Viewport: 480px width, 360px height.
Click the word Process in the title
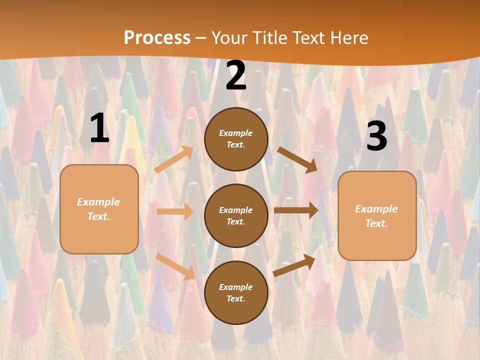coord(157,38)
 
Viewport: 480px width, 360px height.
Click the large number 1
coord(99,128)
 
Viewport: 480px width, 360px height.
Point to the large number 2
coord(236,76)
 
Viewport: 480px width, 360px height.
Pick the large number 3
coord(376,136)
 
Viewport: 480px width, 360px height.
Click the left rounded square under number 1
coord(99,209)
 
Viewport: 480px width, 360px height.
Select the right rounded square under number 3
coord(377,216)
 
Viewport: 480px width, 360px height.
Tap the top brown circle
coord(236,139)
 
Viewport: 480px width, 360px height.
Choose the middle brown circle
coord(236,216)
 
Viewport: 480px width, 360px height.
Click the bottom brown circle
coord(236,293)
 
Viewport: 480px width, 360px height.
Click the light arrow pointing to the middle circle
coord(175,211)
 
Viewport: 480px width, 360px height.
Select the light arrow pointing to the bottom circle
coord(175,266)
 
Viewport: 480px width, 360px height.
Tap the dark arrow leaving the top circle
coord(297,159)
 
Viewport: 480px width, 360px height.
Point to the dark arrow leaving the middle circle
coord(296,210)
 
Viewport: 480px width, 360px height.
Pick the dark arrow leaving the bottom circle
coord(294,265)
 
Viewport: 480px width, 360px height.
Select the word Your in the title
coord(228,38)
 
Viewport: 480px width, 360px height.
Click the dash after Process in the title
coord(201,38)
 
